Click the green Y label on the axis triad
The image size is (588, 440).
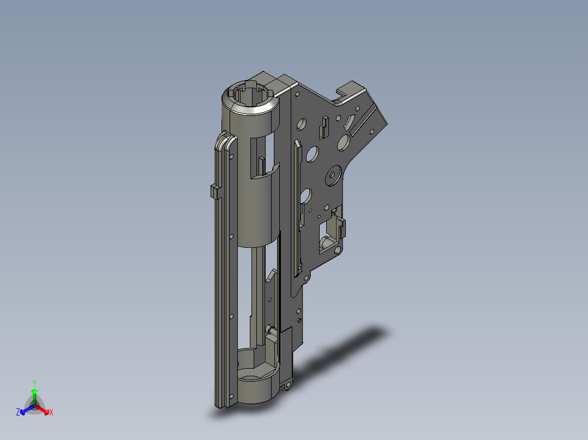[34, 383]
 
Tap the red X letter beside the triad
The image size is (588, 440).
[51, 412]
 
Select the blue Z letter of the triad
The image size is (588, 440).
[18, 412]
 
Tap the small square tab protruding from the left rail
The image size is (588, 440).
[215, 192]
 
